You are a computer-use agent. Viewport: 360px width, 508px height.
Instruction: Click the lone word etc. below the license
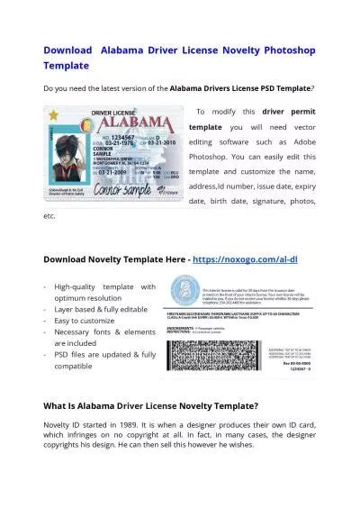click(49, 216)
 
